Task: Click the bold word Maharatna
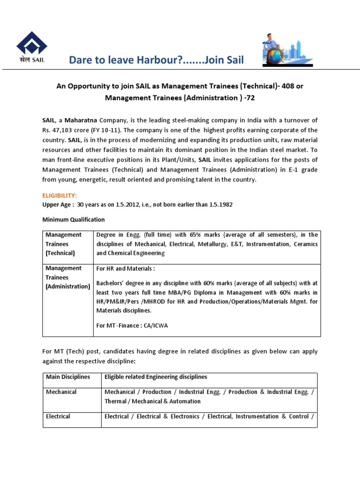pyautogui.click(x=80, y=120)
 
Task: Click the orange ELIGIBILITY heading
pyautogui.click(x=60, y=195)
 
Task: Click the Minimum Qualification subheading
pyautogui.click(x=74, y=219)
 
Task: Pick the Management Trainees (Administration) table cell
pyautogui.click(x=67, y=277)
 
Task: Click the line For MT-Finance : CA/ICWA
pyautogui.click(x=132, y=326)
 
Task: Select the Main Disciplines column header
pyautogui.click(x=67, y=377)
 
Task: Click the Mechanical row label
pyautogui.click(x=61, y=392)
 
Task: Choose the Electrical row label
pyautogui.click(x=58, y=416)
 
